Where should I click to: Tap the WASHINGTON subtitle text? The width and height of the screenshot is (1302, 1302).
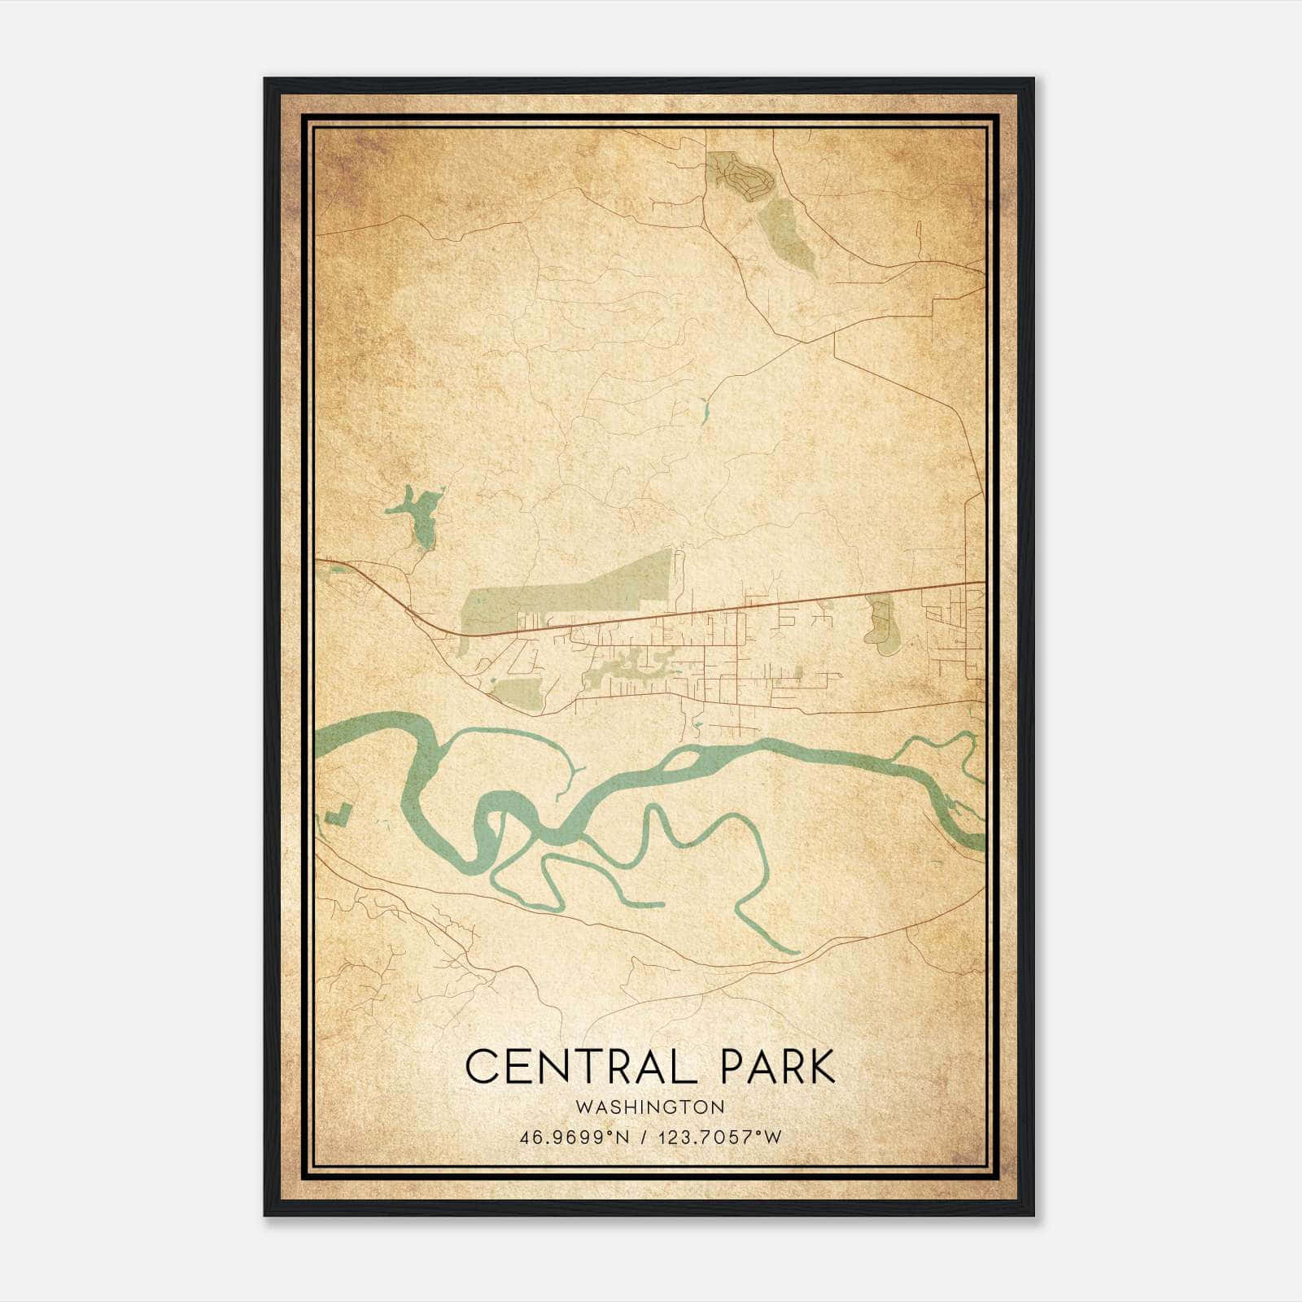point(649,1107)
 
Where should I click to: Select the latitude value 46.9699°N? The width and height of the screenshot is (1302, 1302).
point(575,1138)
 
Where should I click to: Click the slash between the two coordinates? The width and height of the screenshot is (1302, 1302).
point(644,1138)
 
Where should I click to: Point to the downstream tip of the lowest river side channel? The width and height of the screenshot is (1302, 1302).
point(793,950)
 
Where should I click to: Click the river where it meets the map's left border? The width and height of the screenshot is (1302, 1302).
point(319,741)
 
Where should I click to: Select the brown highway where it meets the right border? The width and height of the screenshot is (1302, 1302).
point(982,583)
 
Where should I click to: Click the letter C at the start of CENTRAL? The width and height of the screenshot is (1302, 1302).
point(481,1066)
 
